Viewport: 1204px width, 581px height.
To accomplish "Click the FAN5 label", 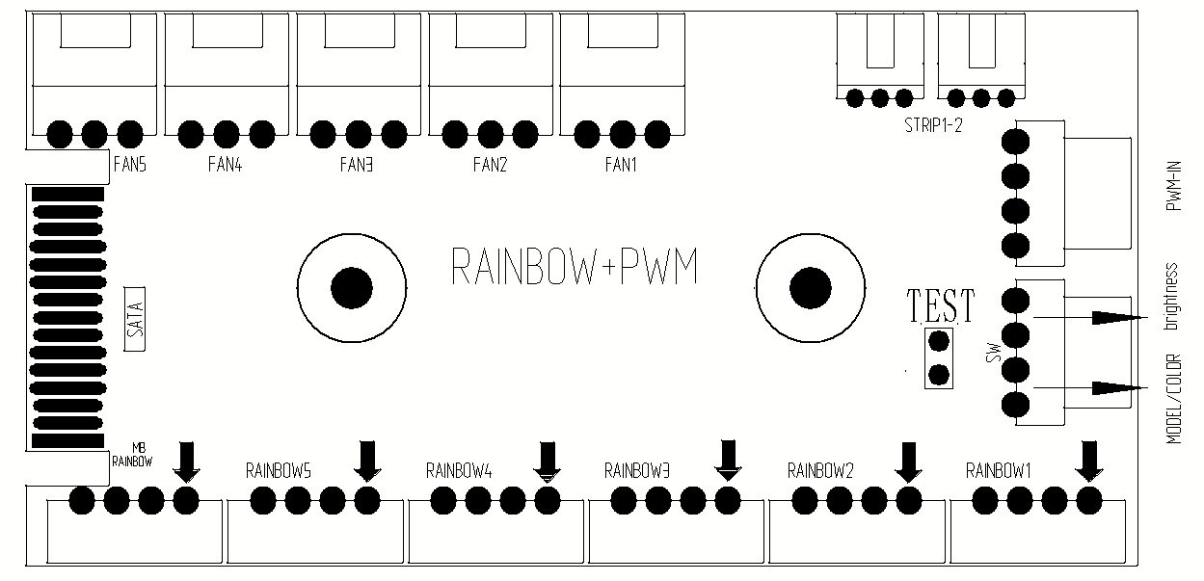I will (x=130, y=165).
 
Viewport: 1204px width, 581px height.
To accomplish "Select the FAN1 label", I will (x=622, y=165).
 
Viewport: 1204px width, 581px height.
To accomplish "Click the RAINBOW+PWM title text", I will (x=575, y=267).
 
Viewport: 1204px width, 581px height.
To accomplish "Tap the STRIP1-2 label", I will (x=933, y=126).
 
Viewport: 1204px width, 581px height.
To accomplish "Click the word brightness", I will (x=1172, y=296).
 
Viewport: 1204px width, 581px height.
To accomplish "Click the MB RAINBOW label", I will (x=132, y=454).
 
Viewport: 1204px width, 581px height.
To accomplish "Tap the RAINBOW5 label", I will (x=278, y=471).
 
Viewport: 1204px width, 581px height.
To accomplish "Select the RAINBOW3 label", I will (x=637, y=471).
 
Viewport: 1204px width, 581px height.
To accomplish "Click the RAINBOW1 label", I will (x=999, y=471).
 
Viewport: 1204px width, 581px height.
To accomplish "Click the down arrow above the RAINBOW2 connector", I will (x=908, y=462).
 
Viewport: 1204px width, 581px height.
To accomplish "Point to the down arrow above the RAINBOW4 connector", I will (x=548, y=462).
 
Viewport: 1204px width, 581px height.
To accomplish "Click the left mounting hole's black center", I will (x=350, y=286).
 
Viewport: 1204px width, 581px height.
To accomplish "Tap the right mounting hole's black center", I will (x=810, y=286).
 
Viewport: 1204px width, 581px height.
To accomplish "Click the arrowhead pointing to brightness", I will (x=1116, y=317).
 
